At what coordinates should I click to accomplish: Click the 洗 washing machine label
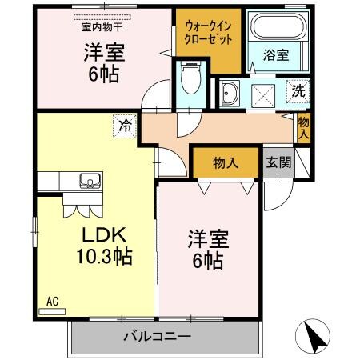[297, 91]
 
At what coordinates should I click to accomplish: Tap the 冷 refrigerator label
[126, 126]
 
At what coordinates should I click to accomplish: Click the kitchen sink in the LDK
[87, 182]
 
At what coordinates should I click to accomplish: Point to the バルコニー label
[156, 334]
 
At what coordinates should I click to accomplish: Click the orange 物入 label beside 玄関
[226, 162]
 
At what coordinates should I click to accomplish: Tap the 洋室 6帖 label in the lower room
[206, 249]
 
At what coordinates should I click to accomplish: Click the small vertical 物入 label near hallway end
[303, 126]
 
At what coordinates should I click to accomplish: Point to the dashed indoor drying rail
[105, 16]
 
